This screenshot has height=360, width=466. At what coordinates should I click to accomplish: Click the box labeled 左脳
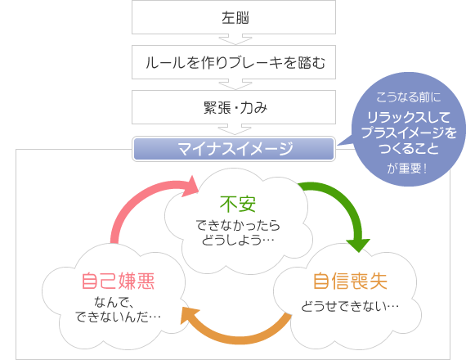[x=234, y=17]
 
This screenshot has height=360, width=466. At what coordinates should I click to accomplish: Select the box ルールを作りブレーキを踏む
[x=234, y=62]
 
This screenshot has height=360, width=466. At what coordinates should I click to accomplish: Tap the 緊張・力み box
[x=234, y=107]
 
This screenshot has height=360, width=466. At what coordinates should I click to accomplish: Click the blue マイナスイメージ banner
[x=234, y=148]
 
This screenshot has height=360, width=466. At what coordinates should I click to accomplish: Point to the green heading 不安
[x=238, y=204]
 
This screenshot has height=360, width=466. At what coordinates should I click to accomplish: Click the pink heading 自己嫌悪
[x=118, y=281]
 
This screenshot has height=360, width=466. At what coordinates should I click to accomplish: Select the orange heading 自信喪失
[x=350, y=281]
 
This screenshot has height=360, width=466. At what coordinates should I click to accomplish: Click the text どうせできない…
[x=350, y=306]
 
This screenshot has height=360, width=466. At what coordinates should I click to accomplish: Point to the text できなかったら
[x=238, y=225]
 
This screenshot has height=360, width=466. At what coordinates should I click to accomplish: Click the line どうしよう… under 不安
[x=238, y=240]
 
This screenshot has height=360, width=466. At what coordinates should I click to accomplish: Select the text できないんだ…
[x=118, y=317]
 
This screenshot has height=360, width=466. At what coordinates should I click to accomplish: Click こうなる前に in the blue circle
[x=408, y=97]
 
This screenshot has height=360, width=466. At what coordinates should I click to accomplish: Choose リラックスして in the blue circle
[x=409, y=118]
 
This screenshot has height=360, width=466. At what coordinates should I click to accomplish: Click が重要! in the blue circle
[x=407, y=169]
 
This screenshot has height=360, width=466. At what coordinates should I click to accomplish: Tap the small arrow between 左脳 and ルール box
[x=235, y=39]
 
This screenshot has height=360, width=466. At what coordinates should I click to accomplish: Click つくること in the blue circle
[x=409, y=148]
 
